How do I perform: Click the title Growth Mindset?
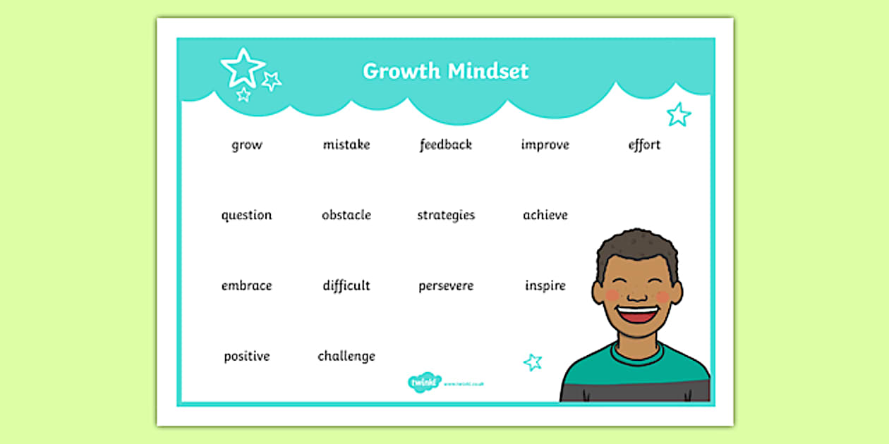coord(445,71)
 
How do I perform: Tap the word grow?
coord(247,145)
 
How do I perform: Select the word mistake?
coord(346,144)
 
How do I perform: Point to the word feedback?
coord(446,144)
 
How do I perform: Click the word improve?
coord(545,144)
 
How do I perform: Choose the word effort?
coord(644,144)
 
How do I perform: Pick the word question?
coord(246,216)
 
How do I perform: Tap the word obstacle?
coord(346,215)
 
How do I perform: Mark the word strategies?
coord(446,216)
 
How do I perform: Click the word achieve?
coord(545,215)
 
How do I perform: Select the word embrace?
coord(246,285)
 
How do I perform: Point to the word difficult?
coord(346,285)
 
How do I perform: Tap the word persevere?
coord(446,286)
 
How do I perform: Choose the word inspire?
coord(545,286)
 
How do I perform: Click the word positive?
coord(247,357)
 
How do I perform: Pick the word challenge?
coord(346,356)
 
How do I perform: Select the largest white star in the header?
coord(242,67)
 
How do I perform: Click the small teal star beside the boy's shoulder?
coord(533,362)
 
